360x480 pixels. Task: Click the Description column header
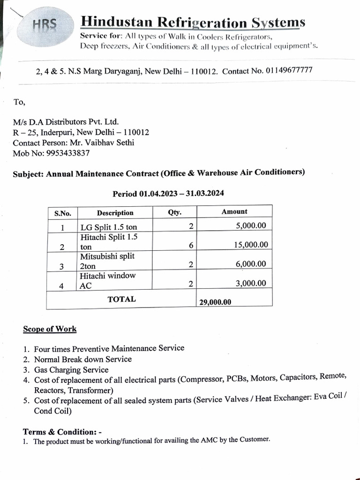(x=115, y=213)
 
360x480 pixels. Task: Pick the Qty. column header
(x=174, y=212)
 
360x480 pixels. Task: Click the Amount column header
(x=234, y=212)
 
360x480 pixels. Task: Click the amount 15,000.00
(x=251, y=245)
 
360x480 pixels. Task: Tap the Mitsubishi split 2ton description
(x=107, y=261)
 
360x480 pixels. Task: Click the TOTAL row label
(x=121, y=299)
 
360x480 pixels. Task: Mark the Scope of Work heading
(x=50, y=329)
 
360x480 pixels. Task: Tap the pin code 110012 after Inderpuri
(x=135, y=133)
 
